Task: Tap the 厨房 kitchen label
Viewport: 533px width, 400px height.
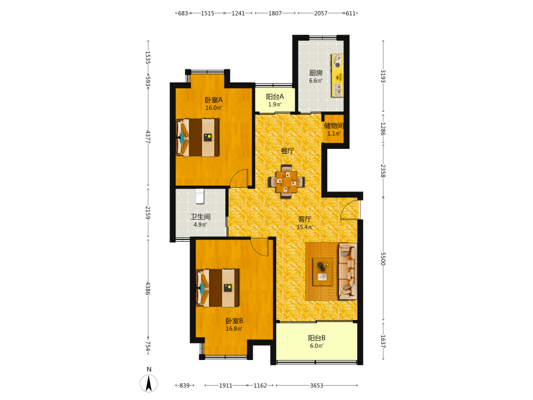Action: (x=316, y=73)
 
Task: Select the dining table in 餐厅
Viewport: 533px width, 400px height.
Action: (x=286, y=181)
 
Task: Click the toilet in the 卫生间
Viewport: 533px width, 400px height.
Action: (x=200, y=196)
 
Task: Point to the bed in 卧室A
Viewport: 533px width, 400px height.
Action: (x=198, y=138)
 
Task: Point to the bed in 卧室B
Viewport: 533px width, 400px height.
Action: (x=218, y=288)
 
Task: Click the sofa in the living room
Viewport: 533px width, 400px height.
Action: (x=348, y=271)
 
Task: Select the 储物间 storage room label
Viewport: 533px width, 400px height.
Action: (x=334, y=126)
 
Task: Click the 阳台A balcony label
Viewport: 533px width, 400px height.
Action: (x=275, y=97)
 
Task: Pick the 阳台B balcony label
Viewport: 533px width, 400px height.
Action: (x=317, y=338)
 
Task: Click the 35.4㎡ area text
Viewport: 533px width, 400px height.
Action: (x=304, y=227)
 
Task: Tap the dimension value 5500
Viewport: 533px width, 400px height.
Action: (x=383, y=259)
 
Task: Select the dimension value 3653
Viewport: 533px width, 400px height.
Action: (x=317, y=386)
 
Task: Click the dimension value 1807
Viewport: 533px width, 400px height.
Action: (x=275, y=13)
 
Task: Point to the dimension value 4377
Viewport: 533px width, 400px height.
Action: (x=148, y=137)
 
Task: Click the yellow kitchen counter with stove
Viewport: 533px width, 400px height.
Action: (x=337, y=75)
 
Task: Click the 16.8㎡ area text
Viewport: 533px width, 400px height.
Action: (x=234, y=329)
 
